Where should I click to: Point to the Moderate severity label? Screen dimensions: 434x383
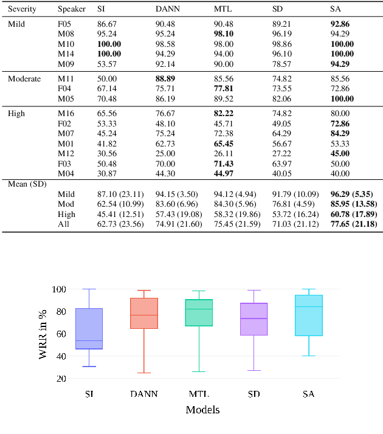pyautogui.click(x=24, y=79)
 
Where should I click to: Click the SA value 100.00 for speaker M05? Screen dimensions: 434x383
pyautogui.click(x=342, y=98)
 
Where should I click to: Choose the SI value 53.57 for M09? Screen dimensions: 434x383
pyautogui.click(x=107, y=64)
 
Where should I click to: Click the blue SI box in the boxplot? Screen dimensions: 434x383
pyautogui.click(x=89, y=329)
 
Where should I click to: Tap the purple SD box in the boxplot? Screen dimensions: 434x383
pyautogui.click(x=254, y=319)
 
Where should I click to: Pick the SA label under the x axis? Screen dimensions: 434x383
pyautogui.click(x=308, y=394)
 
